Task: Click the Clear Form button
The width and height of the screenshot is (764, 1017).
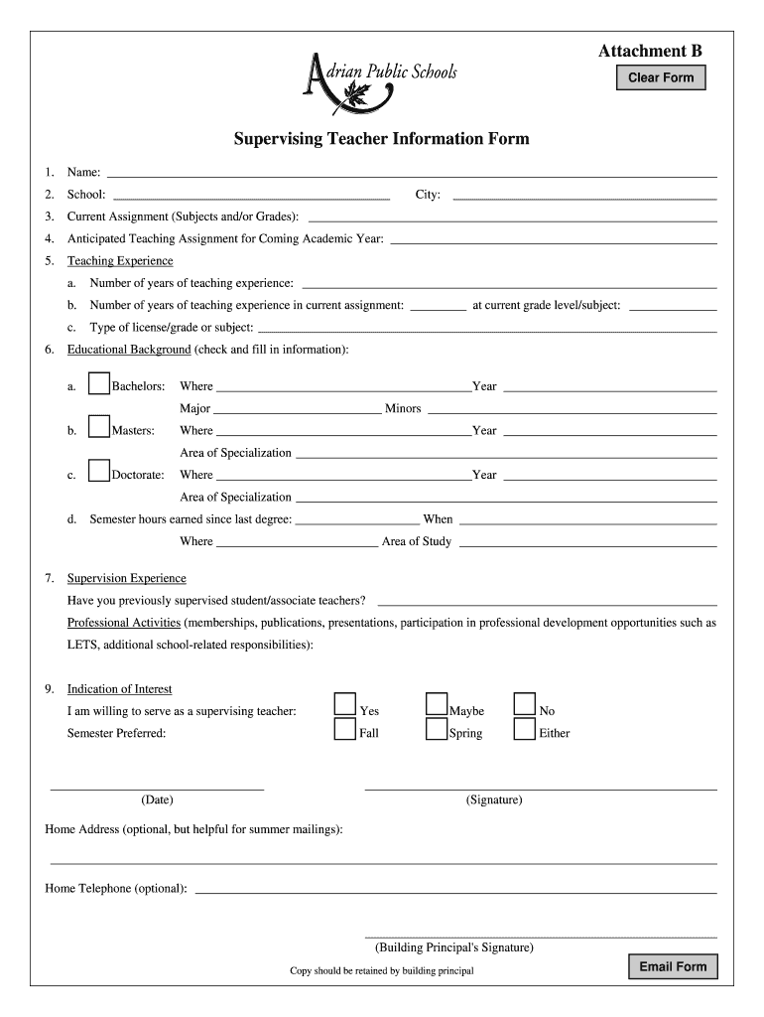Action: tap(661, 77)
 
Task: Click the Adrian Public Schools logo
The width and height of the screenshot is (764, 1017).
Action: tap(378, 80)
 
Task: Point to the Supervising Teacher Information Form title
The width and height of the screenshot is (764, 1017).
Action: tap(381, 139)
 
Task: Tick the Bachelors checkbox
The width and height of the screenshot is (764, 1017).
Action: tap(99, 383)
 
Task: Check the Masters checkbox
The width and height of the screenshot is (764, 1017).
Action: tap(99, 427)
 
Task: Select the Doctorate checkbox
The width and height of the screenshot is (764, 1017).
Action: tap(99, 471)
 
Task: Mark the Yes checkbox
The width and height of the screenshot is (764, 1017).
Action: tap(344, 704)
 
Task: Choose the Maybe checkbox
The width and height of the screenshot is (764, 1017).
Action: tap(437, 704)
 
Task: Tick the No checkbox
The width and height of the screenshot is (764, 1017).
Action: tap(525, 704)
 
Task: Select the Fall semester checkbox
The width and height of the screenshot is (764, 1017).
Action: tap(344, 729)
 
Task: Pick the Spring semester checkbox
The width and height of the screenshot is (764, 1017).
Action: tap(437, 729)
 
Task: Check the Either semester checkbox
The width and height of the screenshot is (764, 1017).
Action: tap(525, 729)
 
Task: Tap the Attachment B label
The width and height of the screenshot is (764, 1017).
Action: tap(650, 51)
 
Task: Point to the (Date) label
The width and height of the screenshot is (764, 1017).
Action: tap(157, 799)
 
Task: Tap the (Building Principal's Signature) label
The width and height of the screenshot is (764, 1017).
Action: tap(454, 947)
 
